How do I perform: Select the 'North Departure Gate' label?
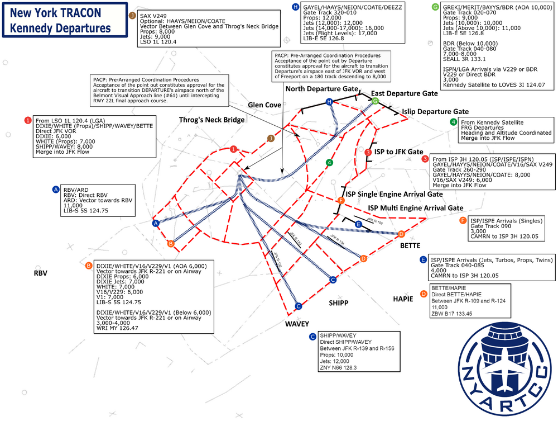point(321,89)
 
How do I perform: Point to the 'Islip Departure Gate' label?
point(435,112)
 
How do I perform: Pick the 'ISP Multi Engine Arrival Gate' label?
point(416,207)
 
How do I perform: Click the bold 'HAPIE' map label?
point(403,299)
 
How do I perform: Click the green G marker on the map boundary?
point(376,101)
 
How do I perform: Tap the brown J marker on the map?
point(271,138)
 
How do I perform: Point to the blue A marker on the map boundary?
point(156,223)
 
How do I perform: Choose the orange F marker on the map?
point(341,200)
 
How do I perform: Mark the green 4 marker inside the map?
point(329,163)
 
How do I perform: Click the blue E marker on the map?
point(359,224)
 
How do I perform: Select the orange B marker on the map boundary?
point(171,244)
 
